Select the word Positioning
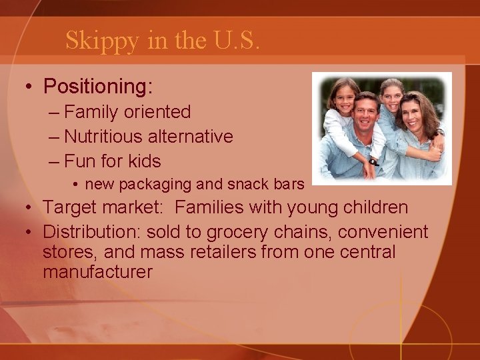[98, 87]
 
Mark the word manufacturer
[98, 273]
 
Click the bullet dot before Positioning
[29, 87]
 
